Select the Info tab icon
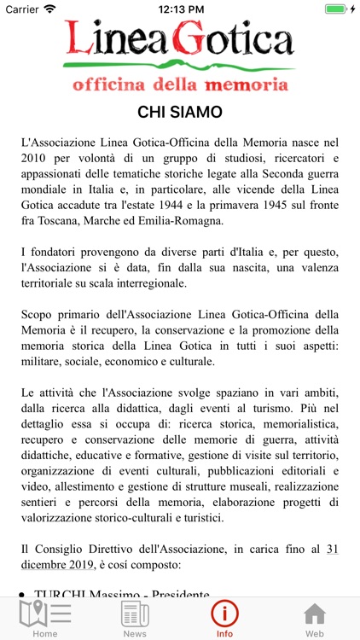(225, 614)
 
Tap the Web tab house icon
(315, 614)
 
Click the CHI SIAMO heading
(180, 112)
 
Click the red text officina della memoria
(180, 84)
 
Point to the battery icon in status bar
(338, 9)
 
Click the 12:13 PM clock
(180, 9)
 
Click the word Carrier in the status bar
(21, 9)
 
